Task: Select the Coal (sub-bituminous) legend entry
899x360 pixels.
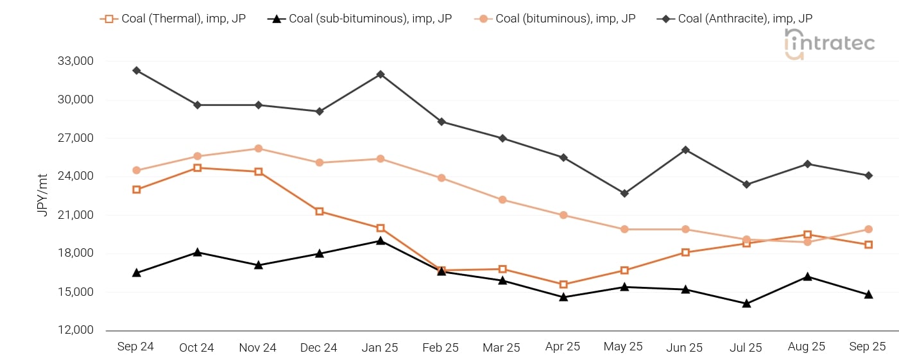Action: coord(359,19)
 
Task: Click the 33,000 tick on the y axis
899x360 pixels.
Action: coord(76,62)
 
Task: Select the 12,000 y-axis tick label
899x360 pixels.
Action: coord(76,330)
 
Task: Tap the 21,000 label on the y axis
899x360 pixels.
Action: coord(76,215)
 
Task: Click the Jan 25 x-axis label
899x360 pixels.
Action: coord(380,347)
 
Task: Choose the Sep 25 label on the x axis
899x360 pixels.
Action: coord(868,347)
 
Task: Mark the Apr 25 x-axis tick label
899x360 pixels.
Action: coord(563,347)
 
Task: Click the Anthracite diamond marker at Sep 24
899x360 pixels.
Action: coord(137,71)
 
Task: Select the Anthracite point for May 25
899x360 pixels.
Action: coord(624,193)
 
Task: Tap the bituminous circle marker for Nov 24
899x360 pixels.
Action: coord(259,148)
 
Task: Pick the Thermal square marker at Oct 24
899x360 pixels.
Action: coord(198,168)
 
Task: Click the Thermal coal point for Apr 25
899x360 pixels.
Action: coord(563,284)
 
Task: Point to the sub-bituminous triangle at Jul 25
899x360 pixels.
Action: coord(746,303)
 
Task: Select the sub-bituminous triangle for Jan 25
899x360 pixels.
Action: coord(381,241)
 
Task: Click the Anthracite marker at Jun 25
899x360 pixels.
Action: coord(685,150)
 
